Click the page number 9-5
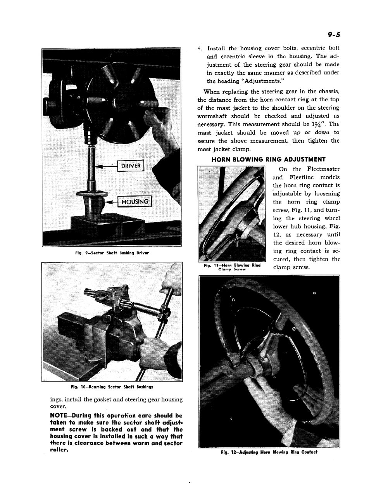(333, 35)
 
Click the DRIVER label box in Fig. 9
(131, 166)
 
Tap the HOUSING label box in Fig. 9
(134, 202)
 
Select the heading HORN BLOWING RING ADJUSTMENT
(269, 159)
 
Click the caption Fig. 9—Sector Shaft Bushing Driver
(112, 253)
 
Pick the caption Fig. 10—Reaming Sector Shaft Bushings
(112, 387)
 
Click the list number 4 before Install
(199, 48)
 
